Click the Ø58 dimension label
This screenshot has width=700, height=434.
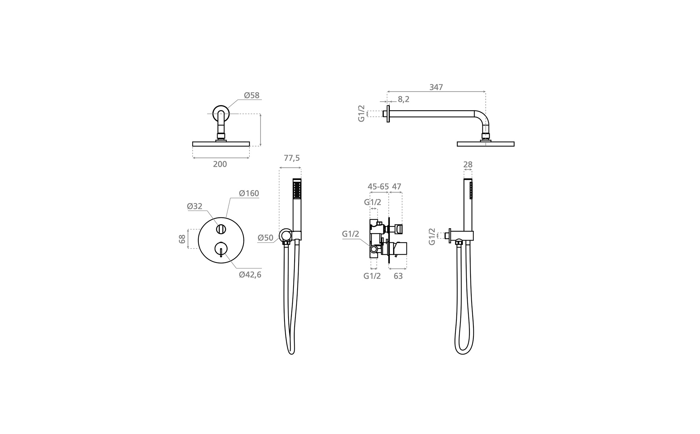(x=252, y=95)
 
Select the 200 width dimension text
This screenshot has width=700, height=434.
(x=220, y=164)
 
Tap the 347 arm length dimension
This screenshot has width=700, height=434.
(x=436, y=87)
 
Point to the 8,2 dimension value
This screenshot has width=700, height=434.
(x=404, y=99)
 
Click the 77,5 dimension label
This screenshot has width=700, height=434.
(x=292, y=158)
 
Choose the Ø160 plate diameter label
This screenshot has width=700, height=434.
(x=249, y=193)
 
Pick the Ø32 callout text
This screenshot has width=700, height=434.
(x=194, y=207)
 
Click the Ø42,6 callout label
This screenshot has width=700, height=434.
(x=250, y=275)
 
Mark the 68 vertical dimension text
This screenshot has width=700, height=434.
(x=182, y=239)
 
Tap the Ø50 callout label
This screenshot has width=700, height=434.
(x=265, y=238)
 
